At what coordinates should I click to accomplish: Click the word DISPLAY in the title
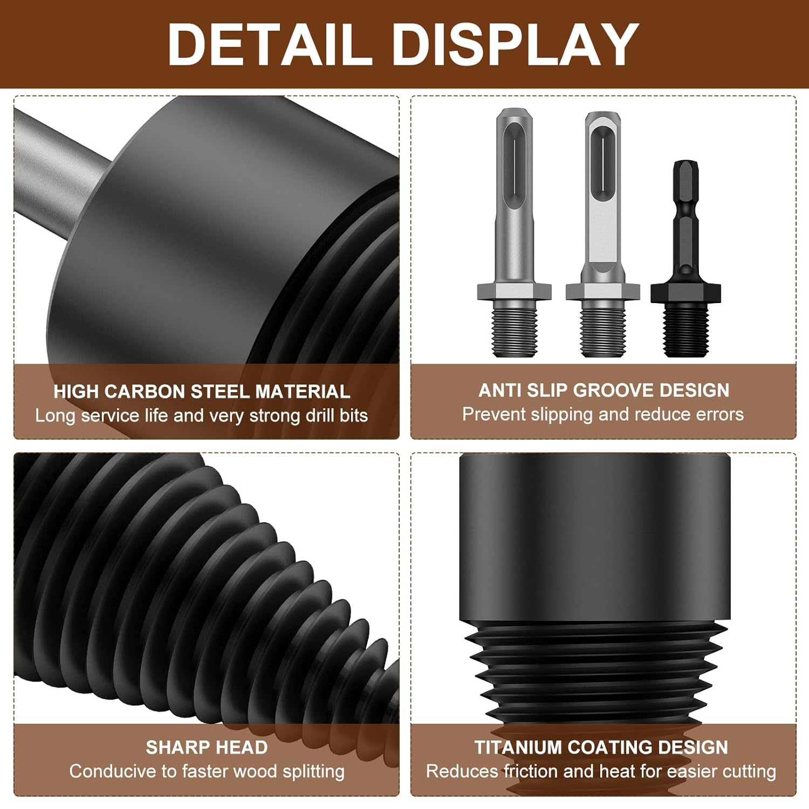pos(517,44)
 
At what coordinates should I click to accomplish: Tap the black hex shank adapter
pos(685,258)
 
